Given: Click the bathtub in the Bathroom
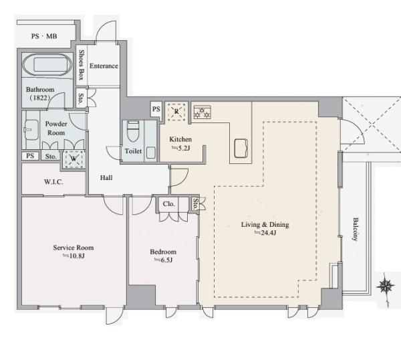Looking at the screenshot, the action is [x=47, y=64].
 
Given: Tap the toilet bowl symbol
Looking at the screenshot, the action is [x=133, y=132].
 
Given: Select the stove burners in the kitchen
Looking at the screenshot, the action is [x=203, y=112].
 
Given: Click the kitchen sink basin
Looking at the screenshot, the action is [x=241, y=148].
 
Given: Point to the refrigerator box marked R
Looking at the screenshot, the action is [x=176, y=112].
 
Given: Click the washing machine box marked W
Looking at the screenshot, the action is [x=74, y=159].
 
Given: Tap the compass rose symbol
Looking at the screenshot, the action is [x=385, y=287].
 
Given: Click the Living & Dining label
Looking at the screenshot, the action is [x=265, y=225].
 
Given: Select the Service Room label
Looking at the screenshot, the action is [x=74, y=248].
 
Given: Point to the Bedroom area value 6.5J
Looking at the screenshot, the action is [x=164, y=260].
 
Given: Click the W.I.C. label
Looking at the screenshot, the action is [x=53, y=182].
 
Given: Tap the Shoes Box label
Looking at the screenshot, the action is [x=82, y=65].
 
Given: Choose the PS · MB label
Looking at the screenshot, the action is [x=44, y=36].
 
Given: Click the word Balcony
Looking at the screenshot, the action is [x=356, y=229].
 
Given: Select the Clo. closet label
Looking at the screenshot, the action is [x=169, y=204].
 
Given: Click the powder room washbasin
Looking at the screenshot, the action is [x=31, y=130].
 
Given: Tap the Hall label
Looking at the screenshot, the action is [x=106, y=177].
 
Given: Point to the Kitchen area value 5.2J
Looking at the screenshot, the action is [x=181, y=148].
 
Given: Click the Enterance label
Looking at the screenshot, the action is [x=104, y=66].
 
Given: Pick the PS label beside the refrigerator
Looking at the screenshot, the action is [x=156, y=109].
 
